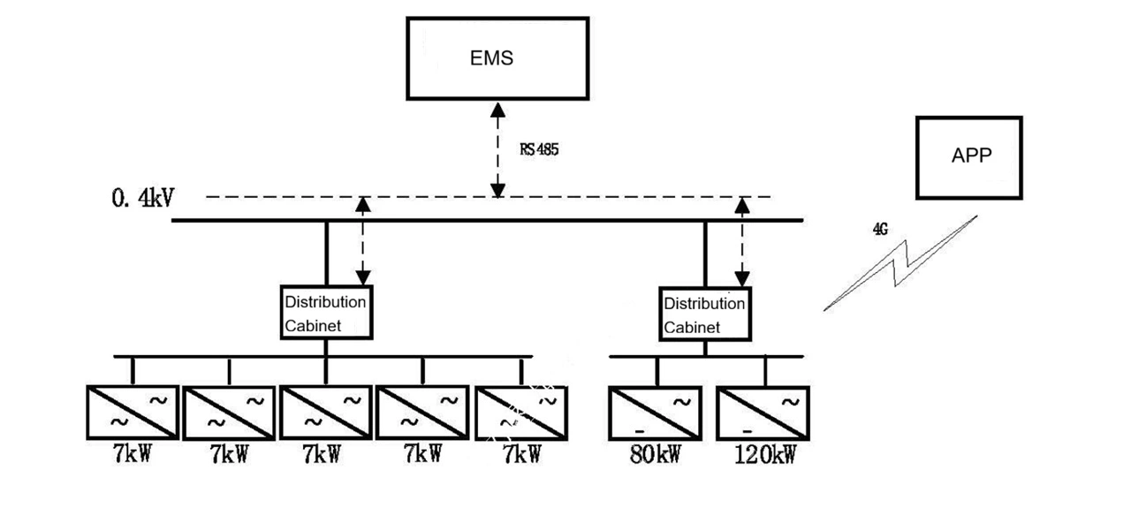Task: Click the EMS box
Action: [497, 58]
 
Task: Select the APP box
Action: [969, 157]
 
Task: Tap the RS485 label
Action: [539, 149]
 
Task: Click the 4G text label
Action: [879, 230]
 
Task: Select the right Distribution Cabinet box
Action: [705, 315]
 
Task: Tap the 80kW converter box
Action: [655, 413]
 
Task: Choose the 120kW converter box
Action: [762, 413]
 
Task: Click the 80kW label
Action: [655, 455]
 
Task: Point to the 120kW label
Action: [765, 455]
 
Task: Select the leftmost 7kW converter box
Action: [133, 413]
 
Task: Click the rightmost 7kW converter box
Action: [521, 413]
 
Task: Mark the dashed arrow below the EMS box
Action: [498, 148]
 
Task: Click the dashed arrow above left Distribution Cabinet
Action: [362, 240]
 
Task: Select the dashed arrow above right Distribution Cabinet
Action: [742, 240]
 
